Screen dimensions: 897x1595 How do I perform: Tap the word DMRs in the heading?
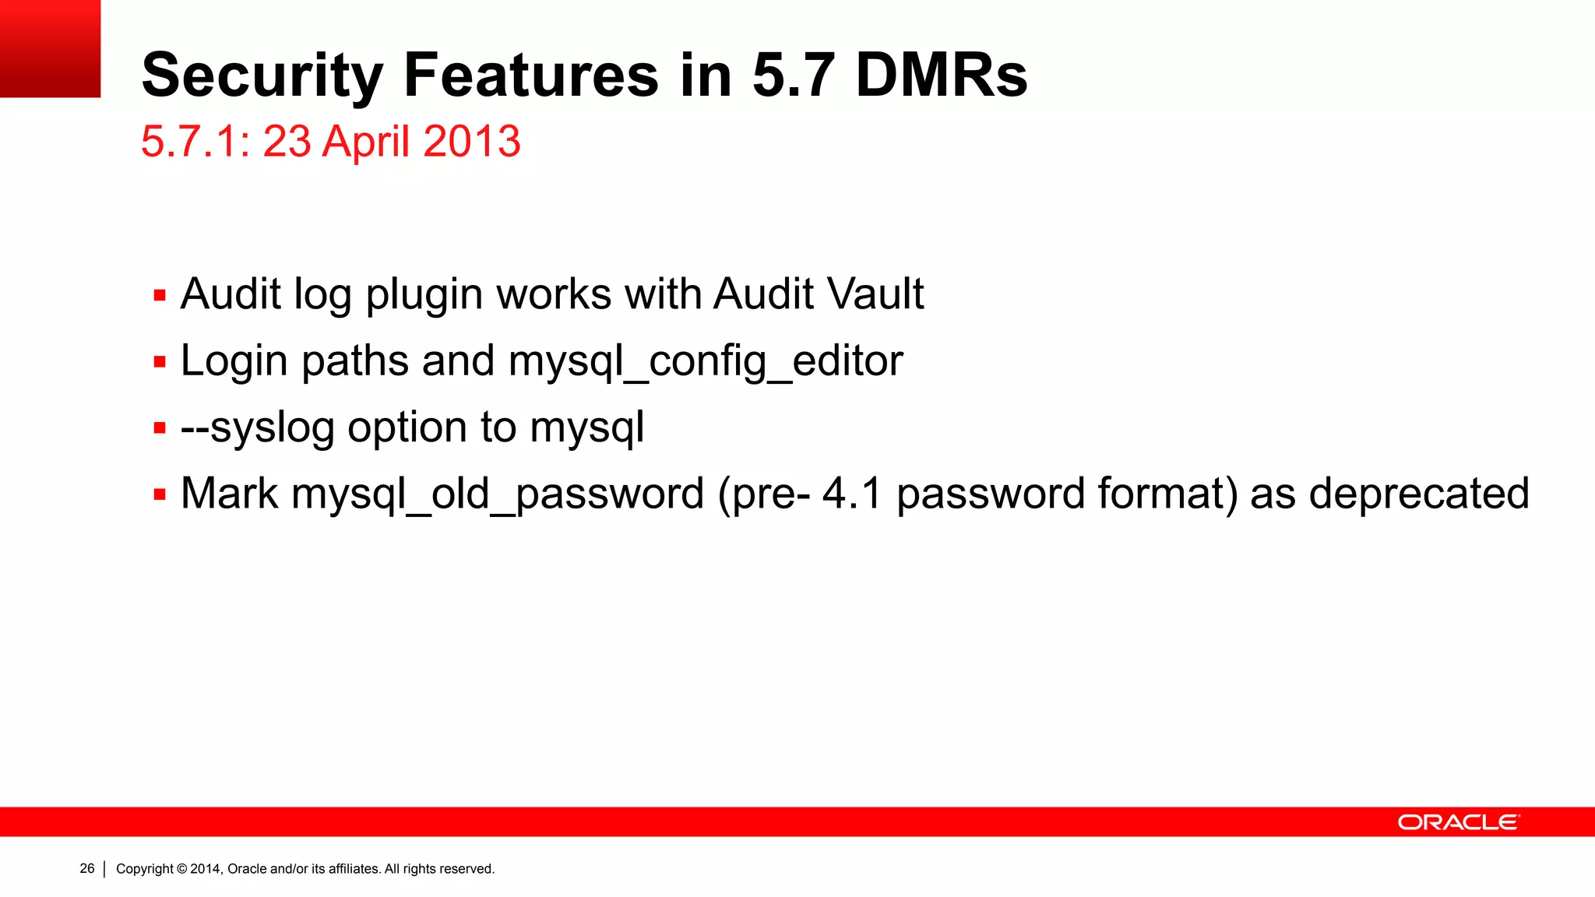pos(941,76)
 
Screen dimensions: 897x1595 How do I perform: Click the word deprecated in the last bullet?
pos(1419,494)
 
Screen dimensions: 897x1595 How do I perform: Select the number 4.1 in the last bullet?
pos(852,494)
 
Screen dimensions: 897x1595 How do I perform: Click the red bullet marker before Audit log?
pos(160,296)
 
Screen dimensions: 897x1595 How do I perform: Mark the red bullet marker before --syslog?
pos(160,428)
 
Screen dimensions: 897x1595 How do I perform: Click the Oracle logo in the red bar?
pos(1458,822)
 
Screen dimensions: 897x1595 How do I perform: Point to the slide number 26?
pos(87,869)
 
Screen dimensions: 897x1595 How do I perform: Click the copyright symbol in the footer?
pos(182,869)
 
